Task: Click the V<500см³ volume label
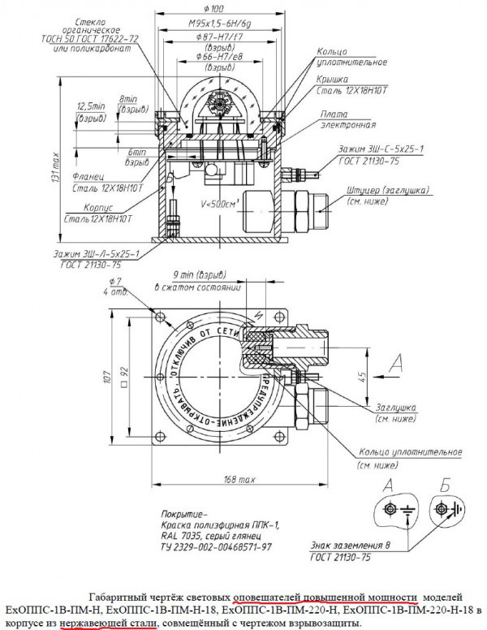pos(218,204)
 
